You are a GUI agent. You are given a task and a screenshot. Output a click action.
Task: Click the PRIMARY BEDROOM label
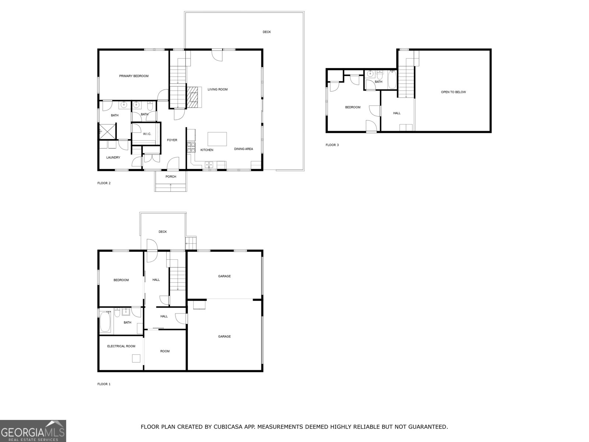[134, 76]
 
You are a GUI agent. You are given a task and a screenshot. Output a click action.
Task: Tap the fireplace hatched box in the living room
[194, 97]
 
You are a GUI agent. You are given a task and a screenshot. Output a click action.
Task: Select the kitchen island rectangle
[217, 139]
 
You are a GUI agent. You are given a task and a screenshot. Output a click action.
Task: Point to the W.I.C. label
[147, 134]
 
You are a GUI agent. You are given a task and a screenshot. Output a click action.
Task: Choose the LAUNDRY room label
[113, 158]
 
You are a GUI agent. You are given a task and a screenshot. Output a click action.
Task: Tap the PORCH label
[171, 177]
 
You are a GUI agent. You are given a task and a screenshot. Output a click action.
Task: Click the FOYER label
[172, 140]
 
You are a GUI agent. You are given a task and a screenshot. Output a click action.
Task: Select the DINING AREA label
[243, 149]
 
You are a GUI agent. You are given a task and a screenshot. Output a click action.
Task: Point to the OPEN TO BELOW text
[453, 92]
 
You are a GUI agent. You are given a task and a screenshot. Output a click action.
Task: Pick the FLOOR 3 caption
[332, 145]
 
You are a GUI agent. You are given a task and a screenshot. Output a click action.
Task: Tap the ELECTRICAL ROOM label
[121, 346]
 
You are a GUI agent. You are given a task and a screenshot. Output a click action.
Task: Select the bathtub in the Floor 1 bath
[106, 323]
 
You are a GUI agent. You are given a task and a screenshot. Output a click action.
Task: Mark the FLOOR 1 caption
[104, 384]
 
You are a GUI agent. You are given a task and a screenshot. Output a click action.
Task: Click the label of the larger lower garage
[224, 337]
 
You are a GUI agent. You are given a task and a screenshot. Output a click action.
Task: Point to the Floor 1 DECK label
[163, 232]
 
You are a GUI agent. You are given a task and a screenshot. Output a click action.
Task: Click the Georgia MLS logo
[33, 431]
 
